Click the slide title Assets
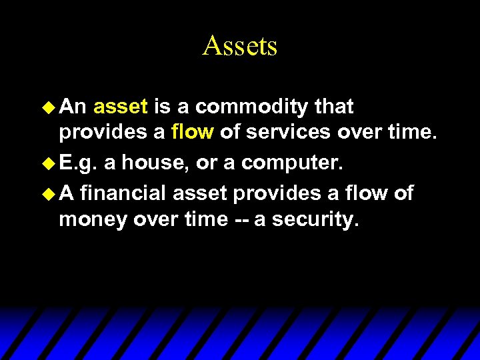coord(239,46)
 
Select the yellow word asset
coord(121,107)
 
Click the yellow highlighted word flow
coord(192,132)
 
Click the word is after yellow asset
coord(162,107)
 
